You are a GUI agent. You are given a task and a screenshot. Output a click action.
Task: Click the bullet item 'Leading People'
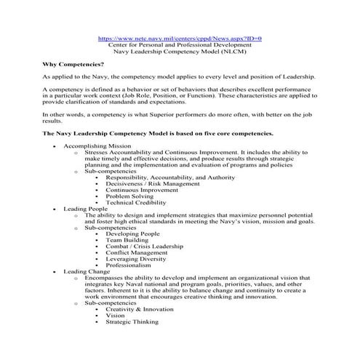pyautogui.click(x=83, y=208)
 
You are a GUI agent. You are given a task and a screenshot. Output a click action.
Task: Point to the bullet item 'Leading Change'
pyautogui.click(x=84, y=271)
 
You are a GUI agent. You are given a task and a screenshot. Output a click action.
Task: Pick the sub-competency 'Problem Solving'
pyautogui.click(x=129, y=196)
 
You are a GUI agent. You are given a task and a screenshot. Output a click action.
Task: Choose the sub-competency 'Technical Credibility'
pyautogui.click(x=136, y=202)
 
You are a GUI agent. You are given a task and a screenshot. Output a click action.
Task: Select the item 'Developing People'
pyautogui.click(x=132, y=233)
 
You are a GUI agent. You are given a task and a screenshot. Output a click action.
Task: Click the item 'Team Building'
pyautogui.click(x=127, y=240)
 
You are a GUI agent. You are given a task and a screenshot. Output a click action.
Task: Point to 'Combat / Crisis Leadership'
pyautogui.click(x=144, y=246)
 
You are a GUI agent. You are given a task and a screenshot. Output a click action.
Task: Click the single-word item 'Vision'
pyautogui.click(x=116, y=315)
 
